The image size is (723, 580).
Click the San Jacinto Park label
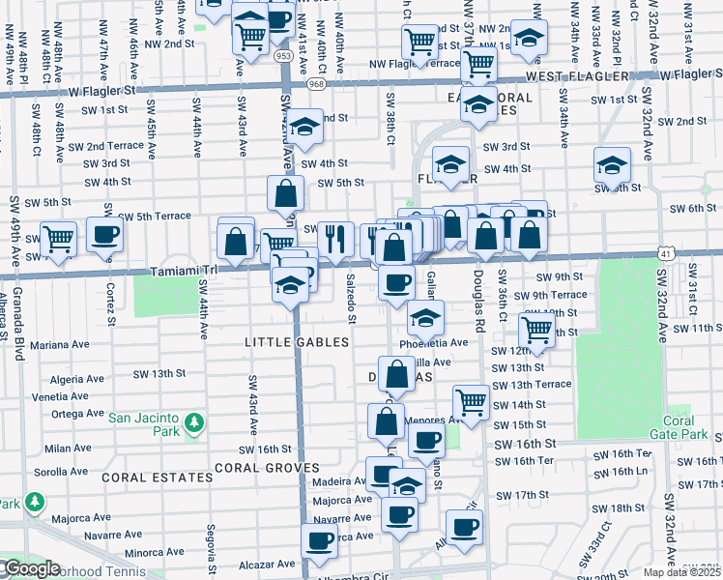(145, 418)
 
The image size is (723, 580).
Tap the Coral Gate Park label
(685, 426)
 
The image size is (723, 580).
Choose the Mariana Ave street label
(60, 343)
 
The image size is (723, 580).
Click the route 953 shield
(283, 57)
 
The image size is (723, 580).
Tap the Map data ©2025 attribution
(681, 572)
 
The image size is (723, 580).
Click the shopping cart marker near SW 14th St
(471, 400)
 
